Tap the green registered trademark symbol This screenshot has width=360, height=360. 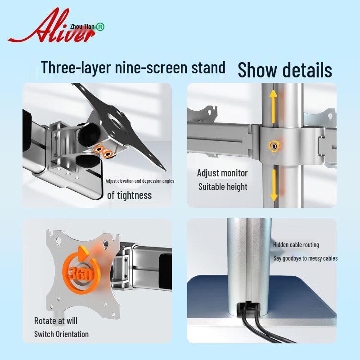click(x=100, y=27)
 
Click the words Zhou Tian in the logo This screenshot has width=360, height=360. click(x=82, y=27)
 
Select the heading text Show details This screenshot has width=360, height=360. click(x=285, y=70)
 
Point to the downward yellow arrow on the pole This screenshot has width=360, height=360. click(x=274, y=185)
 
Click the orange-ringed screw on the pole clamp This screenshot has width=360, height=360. click(x=274, y=146)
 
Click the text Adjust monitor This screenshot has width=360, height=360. click(x=222, y=173)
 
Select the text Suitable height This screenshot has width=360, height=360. click(x=223, y=187)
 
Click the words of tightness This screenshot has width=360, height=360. click(x=129, y=195)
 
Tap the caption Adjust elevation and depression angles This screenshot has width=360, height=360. click(x=140, y=181)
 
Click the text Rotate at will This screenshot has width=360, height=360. click(x=56, y=321)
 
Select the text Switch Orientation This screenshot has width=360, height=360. click(x=61, y=334)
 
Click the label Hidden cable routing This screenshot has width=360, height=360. click(x=296, y=245)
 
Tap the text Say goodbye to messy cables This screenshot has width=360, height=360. click(x=306, y=258)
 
